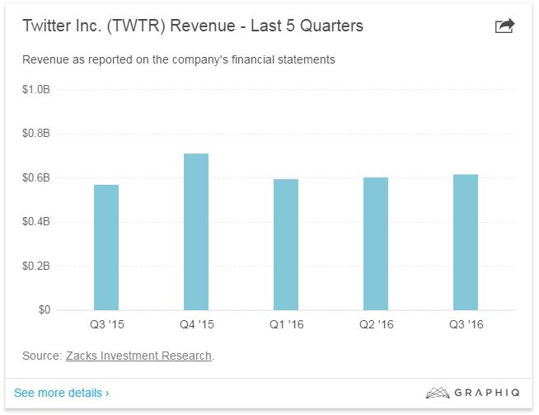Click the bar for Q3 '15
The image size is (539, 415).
(x=106, y=248)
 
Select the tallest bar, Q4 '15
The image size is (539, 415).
(x=196, y=232)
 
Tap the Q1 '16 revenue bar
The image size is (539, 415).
(x=286, y=244)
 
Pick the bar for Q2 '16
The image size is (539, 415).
(x=376, y=243)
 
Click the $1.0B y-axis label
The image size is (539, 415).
(x=36, y=89)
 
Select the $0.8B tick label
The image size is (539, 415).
(x=36, y=134)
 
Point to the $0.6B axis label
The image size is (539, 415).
(x=36, y=177)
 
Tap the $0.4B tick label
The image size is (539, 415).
(x=36, y=222)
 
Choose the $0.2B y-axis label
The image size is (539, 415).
(x=36, y=266)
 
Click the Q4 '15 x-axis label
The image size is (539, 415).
(x=196, y=325)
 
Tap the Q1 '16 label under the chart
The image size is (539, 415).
(x=286, y=325)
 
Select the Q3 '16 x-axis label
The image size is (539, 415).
(x=466, y=325)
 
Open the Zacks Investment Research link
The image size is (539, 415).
(x=138, y=356)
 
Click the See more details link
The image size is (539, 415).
(x=61, y=393)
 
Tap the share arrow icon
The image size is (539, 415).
(x=504, y=26)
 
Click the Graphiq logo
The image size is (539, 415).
(x=473, y=393)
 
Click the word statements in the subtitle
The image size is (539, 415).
(x=306, y=59)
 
